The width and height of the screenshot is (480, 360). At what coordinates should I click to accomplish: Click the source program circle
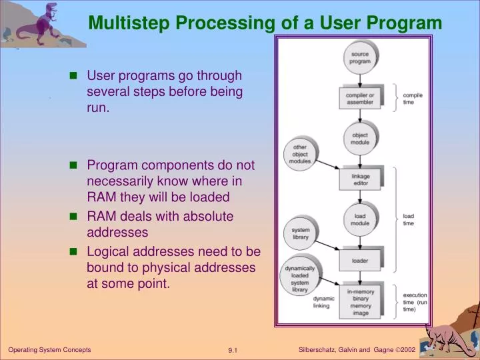point(360,57)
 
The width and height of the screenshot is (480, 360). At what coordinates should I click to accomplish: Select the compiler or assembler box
point(360,99)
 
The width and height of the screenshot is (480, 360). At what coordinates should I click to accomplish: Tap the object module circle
point(360,139)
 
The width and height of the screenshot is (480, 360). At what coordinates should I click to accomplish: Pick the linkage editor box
point(360,179)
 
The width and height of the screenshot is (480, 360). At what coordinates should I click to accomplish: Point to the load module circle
point(360,219)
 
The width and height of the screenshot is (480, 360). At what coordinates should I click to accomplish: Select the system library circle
point(300,233)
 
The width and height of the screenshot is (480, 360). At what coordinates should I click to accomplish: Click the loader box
point(360,260)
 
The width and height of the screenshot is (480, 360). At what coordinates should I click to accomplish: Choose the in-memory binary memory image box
point(360,303)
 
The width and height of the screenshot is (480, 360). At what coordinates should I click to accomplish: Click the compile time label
point(413,99)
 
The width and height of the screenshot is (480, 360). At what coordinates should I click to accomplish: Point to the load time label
point(408,219)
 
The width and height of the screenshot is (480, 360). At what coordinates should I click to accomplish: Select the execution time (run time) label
point(415,302)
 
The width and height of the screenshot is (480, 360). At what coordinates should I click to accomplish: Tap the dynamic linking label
point(323,303)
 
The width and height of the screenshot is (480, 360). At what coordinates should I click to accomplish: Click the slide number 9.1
point(234,350)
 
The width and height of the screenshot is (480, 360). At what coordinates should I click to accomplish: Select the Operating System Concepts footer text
point(49,349)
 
